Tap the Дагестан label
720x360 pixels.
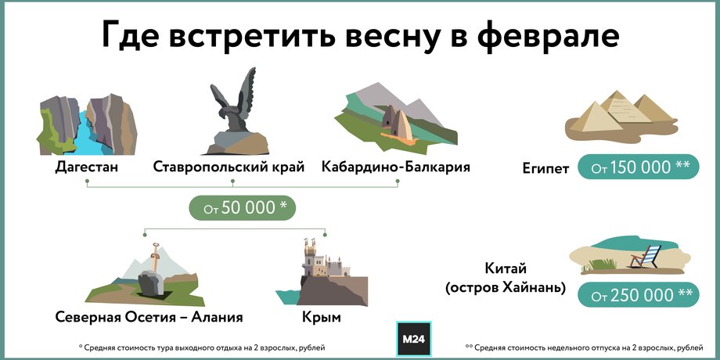[x=87, y=166]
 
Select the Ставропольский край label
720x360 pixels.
[x=229, y=166]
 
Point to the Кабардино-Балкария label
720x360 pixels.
[x=396, y=166]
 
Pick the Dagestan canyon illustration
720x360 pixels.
[x=87, y=124]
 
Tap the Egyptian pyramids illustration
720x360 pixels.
[x=621, y=116]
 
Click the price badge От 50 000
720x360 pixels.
[x=243, y=208]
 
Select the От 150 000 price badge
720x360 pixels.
[x=639, y=167]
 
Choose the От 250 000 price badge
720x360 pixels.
[x=639, y=295]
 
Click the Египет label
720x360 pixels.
[x=545, y=168]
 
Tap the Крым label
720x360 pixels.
[x=322, y=317]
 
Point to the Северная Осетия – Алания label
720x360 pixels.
[x=149, y=317]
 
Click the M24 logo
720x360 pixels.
[x=413, y=339]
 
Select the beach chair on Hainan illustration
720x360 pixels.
[x=646, y=256]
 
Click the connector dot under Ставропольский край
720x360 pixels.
[x=232, y=182]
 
